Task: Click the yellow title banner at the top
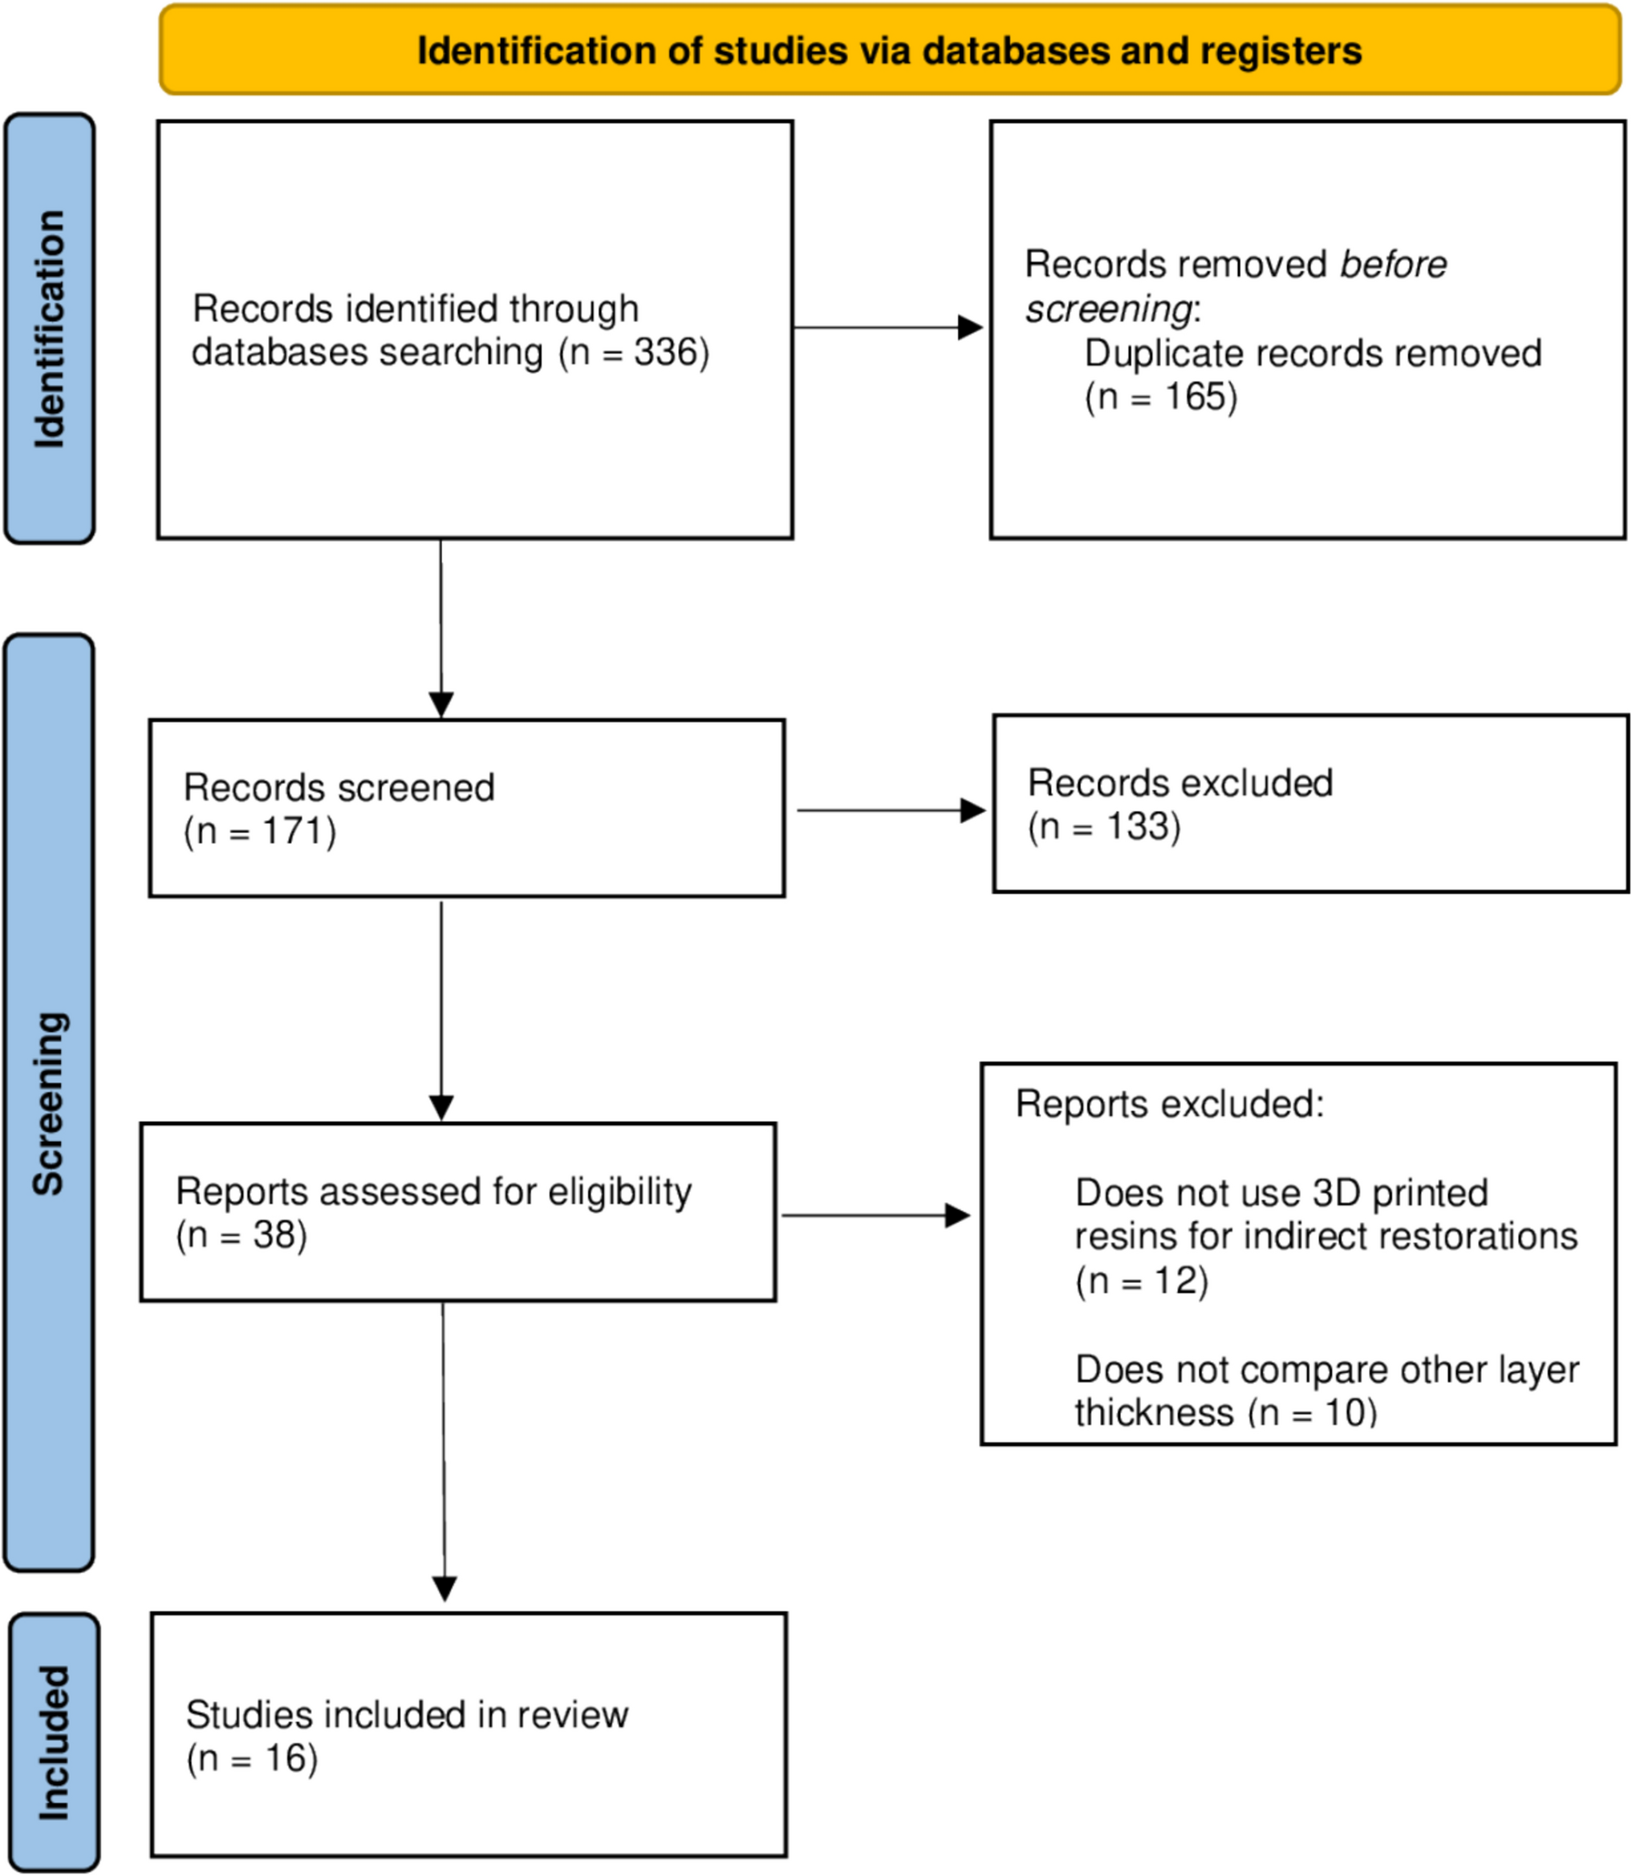[x=890, y=50]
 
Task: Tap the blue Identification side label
[x=49, y=329]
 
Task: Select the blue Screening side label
[x=49, y=1102]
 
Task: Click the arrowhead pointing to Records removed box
[x=971, y=328]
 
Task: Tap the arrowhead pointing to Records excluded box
[x=973, y=810]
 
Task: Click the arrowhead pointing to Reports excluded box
[x=958, y=1215]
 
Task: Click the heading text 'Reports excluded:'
[x=1169, y=1105]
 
